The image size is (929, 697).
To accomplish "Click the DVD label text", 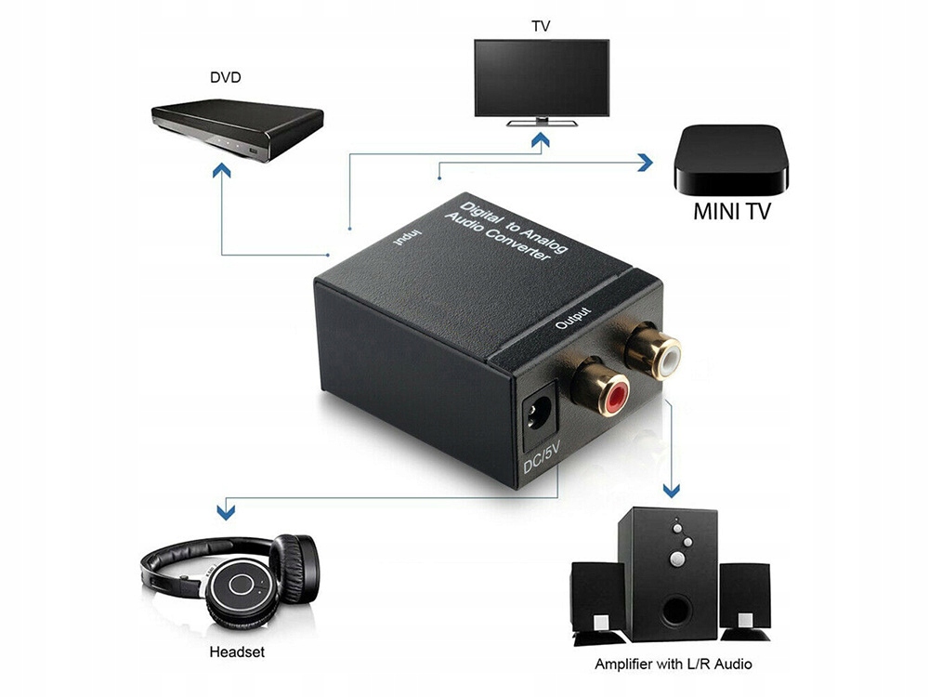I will tap(224, 77).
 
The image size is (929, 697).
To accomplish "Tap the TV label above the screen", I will tap(541, 25).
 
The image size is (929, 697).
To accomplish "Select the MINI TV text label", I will tap(731, 211).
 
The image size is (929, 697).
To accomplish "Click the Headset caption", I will tap(237, 651).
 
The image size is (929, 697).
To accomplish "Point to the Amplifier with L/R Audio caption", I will tap(674, 664).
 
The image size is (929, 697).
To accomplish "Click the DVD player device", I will tap(238, 129).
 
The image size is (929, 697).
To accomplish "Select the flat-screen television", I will tap(541, 79).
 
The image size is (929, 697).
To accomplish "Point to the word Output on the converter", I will tap(573, 319).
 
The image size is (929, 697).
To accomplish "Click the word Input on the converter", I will tap(407, 240).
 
